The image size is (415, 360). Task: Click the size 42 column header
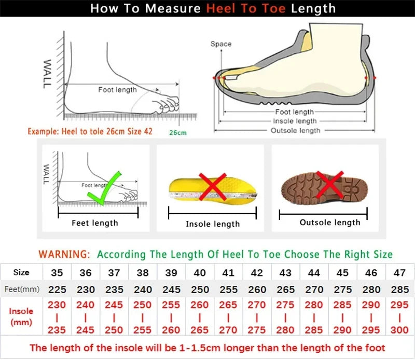click(x=256, y=273)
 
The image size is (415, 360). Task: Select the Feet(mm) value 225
click(x=57, y=289)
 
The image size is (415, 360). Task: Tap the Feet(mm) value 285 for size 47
click(x=399, y=289)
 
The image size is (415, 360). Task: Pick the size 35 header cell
click(x=57, y=273)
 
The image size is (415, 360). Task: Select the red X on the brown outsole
click(x=330, y=184)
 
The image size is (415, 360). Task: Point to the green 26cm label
click(x=178, y=132)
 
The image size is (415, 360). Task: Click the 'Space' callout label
click(x=221, y=44)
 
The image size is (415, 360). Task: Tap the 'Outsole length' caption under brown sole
click(x=330, y=223)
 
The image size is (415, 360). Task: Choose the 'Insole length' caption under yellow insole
click(x=213, y=224)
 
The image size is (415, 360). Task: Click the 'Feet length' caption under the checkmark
click(x=94, y=223)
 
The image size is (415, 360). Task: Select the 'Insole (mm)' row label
click(x=21, y=316)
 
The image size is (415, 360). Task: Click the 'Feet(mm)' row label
click(x=21, y=289)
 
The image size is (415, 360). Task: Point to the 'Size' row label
click(x=21, y=272)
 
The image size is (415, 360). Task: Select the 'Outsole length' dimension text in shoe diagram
click(x=296, y=131)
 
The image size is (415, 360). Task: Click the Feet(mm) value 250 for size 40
click(x=200, y=289)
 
